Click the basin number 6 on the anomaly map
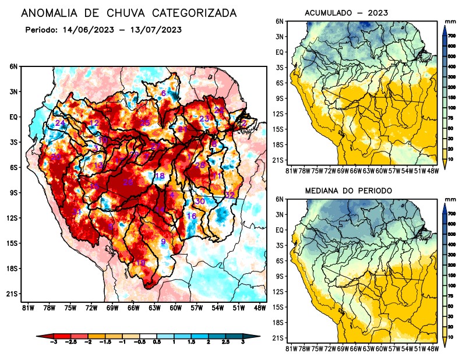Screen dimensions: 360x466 tap(163, 93)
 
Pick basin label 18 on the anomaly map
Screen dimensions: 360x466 tap(159, 176)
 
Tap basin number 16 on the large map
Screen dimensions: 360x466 tap(191, 216)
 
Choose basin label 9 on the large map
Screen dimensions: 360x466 tap(163, 242)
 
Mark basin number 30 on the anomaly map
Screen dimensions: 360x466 tap(199, 201)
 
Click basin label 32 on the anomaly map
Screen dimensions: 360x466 tap(230, 195)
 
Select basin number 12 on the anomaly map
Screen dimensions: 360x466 tap(93, 123)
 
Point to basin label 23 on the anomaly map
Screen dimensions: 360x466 tap(204, 119)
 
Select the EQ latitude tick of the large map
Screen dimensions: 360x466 tap(13, 117)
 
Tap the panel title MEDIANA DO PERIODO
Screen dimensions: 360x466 tap(348, 191)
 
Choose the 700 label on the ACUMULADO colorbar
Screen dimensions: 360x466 tap(451, 36)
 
